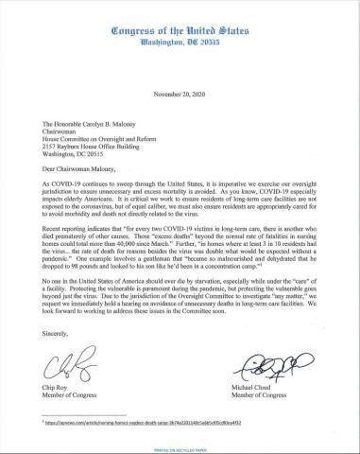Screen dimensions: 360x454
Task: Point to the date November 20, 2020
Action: coord(180,96)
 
